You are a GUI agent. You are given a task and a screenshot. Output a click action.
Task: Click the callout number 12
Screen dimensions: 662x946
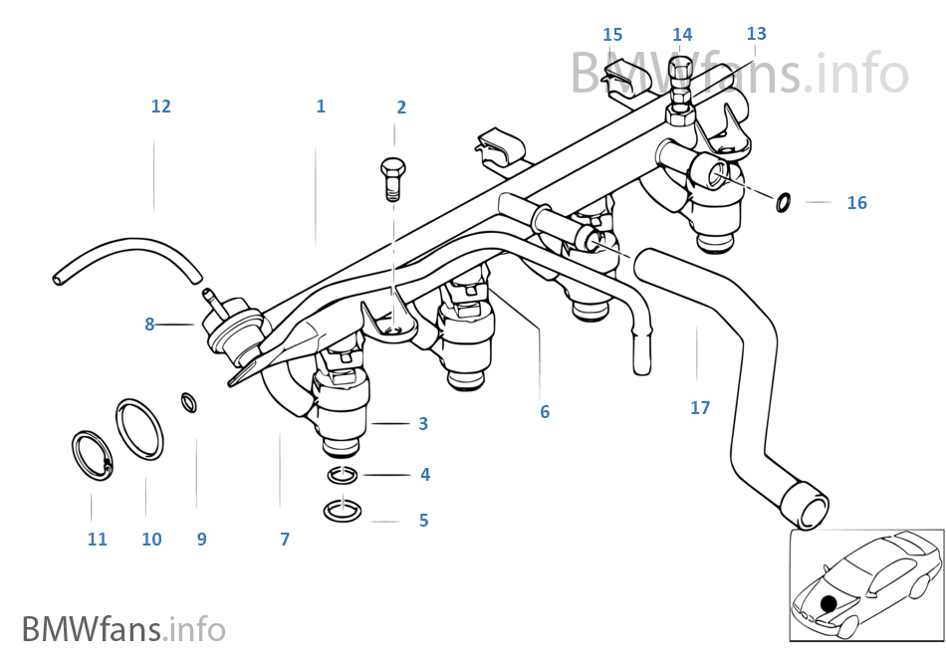tap(161, 107)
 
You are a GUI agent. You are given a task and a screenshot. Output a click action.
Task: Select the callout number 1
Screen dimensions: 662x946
tap(321, 107)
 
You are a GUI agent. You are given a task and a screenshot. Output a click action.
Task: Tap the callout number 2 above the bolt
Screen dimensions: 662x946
tap(401, 108)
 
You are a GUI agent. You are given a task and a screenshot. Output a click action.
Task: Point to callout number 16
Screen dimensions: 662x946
tap(856, 203)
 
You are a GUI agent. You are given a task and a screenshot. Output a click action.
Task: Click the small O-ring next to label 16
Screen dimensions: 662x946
tap(784, 203)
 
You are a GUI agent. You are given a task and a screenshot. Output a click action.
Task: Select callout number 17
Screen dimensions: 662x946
tap(700, 408)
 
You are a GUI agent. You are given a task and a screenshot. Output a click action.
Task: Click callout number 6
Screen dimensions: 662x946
tap(545, 412)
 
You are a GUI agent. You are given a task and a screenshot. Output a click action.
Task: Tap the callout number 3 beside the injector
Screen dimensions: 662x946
tap(423, 424)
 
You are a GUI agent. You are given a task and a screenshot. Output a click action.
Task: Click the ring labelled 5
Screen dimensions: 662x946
tap(343, 512)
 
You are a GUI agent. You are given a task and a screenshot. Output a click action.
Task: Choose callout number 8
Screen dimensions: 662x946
tap(149, 324)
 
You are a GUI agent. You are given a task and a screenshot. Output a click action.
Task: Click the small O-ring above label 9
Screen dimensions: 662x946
tap(188, 402)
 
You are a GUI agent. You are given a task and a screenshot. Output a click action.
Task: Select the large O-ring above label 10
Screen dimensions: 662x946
tap(139, 430)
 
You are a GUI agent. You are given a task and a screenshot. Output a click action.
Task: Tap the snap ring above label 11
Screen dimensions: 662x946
tap(92, 453)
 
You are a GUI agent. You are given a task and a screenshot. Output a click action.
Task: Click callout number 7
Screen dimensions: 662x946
tap(285, 540)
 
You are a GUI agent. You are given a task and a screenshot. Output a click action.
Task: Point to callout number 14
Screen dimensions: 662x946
tap(682, 35)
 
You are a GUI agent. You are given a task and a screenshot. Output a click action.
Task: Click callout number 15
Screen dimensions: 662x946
tap(612, 35)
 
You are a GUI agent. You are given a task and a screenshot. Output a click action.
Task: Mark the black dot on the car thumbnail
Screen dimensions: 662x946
tap(828, 603)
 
